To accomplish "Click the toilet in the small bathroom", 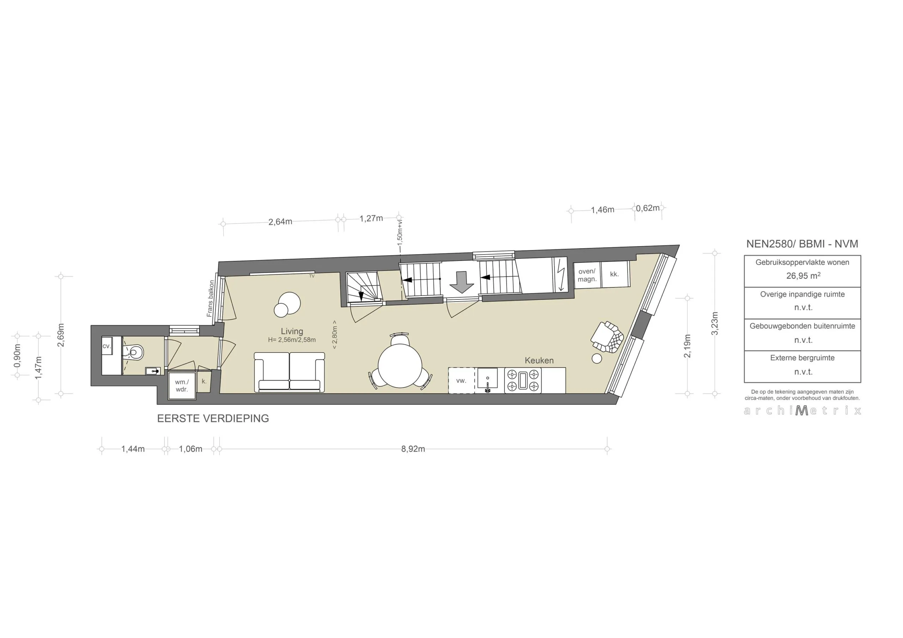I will pyautogui.click(x=134, y=352).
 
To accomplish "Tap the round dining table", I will pyautogui.click(x=400, y=365).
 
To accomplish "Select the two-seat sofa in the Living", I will pyautogui.click(x=290, y=372).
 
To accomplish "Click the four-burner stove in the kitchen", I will pyautogui.click(x=523, y=380).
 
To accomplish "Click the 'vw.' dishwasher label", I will pyautogui.click(x=461, y=381).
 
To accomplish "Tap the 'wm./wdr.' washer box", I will pyautogui.click(x=182, y=385).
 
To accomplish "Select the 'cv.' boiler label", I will pyautogui.click(x=107, y=346).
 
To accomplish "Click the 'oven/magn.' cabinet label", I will pyautogui.click(x=587, y=275).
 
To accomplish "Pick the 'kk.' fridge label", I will pyautogui.click(x=614, y=274).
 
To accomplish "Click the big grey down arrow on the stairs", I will pyautogui.click(x=461, y=282).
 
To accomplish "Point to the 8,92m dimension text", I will pyautogui.click(x=413, y=449).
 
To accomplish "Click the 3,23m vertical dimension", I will pyautogui.click(x=715, y=323).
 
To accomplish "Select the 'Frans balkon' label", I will pyautogui.click(x=211, y=298).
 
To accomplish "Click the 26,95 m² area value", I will pyautogui.click(x=803, y=276).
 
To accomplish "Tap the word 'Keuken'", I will pyautogui.click(x=539, y=360).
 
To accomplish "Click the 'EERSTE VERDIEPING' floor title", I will pyautogui.click(x=213, y=418).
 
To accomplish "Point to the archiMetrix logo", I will pyautogui.click(x=802, y=411).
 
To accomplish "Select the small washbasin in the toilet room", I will pyautogui.click(x=153, y=371).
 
